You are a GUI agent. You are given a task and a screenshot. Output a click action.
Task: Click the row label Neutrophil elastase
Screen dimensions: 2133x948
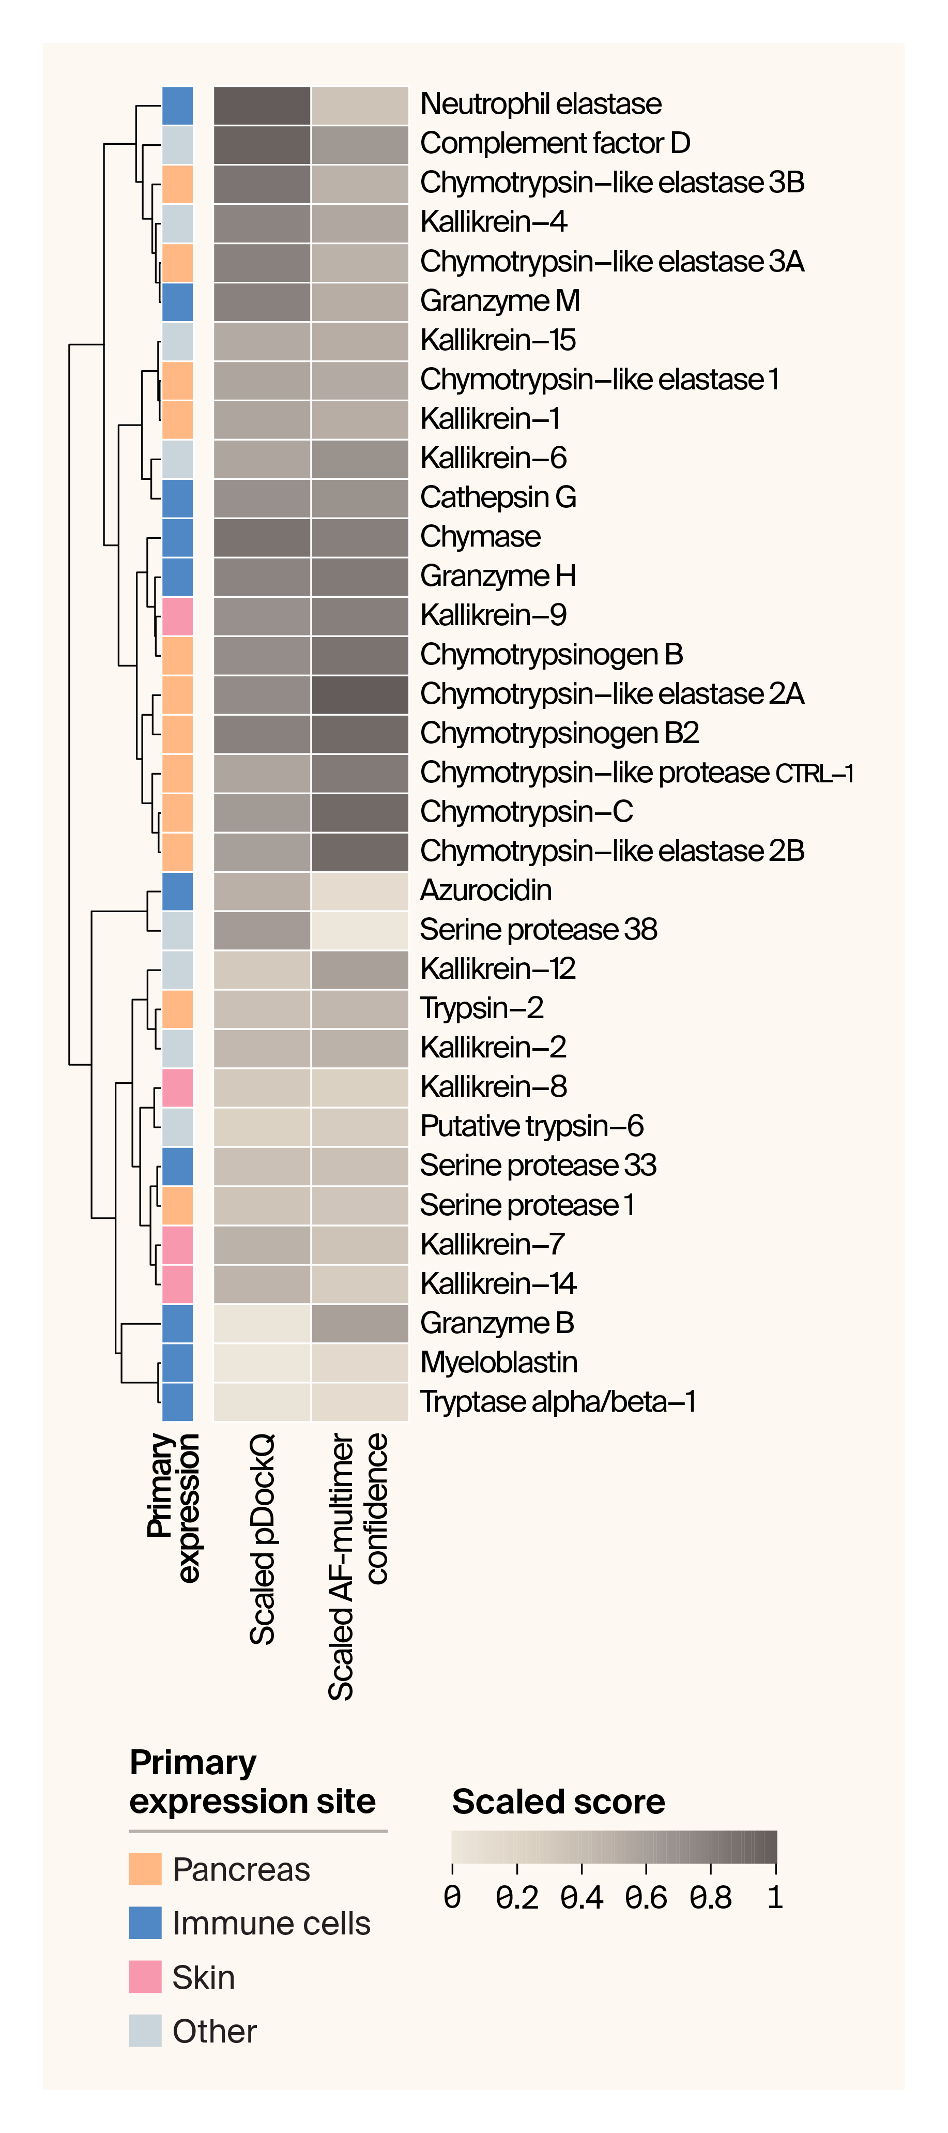click(541, 104)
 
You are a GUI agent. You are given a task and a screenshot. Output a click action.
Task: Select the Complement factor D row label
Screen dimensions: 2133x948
click(555, 143)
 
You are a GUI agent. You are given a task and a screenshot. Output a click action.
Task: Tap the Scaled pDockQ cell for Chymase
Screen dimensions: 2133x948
click(262, 537)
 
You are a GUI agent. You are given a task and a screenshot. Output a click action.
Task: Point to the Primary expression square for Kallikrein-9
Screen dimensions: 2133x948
click(178, 616)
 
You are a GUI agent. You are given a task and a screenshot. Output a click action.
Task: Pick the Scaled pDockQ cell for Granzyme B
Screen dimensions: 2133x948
click(262, 1323)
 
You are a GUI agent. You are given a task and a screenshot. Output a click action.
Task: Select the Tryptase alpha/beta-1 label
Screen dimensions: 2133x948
click(557, 1402)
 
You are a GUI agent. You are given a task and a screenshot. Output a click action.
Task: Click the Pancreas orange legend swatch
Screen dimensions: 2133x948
click(145, 1869)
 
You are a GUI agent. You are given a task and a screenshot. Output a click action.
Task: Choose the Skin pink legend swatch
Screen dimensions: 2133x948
click(145, 1976)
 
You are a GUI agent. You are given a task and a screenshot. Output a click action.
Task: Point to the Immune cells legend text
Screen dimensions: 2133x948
click(271, 1923)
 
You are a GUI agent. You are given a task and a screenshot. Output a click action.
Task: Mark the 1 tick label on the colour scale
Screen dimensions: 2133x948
click(775, 1896)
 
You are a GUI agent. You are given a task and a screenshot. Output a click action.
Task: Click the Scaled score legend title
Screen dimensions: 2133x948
click(558, 1801)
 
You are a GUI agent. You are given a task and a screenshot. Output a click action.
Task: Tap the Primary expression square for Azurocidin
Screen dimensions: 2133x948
click(178, 891)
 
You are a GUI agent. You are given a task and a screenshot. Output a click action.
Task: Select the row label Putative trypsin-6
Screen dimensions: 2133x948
click(531, 1126)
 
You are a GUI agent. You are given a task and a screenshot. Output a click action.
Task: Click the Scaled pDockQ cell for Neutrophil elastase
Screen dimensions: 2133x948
click(262, 105)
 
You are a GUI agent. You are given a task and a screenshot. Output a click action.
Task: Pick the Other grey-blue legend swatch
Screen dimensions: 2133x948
click(145, 2030)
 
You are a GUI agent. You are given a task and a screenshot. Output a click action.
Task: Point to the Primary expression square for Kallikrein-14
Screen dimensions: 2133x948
click(178, 1283)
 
